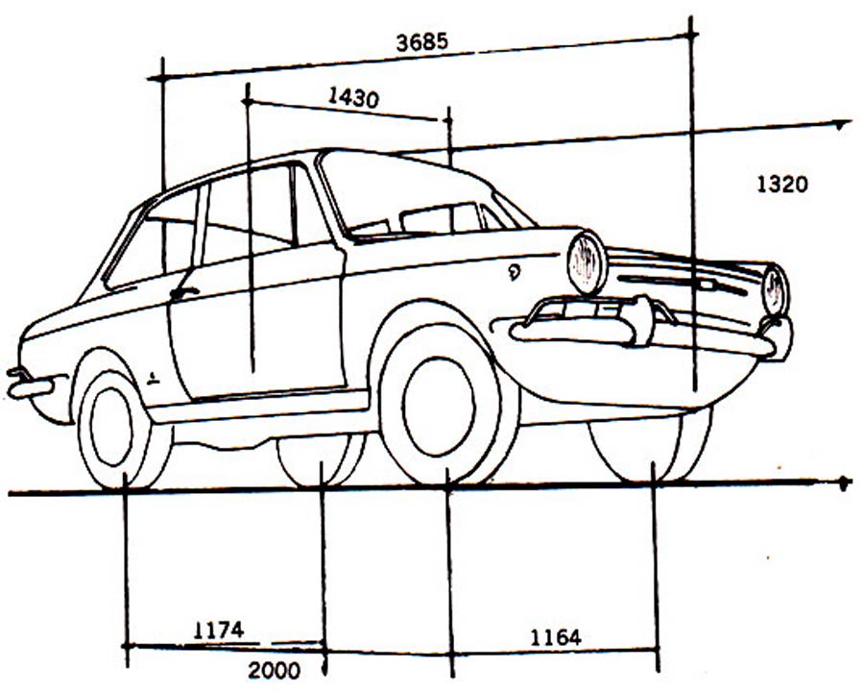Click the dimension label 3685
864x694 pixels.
click(421, 43)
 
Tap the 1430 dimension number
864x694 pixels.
click(353, 97)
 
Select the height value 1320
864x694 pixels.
click(782, 184)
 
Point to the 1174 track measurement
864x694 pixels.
click(219, 631)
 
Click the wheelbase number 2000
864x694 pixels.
click(274, 671)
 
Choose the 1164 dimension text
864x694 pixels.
click(555, 636)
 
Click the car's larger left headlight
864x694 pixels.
click(587, 262)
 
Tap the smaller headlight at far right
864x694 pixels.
click(774, 289)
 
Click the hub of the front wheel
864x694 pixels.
click(439, 405)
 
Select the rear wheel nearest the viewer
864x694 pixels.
click(113, 426)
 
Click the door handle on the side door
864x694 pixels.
click(183, 292)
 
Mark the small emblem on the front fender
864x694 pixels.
click(515, 272)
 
